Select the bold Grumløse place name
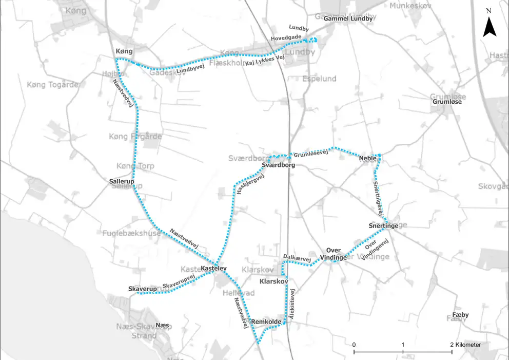tap(447, 102)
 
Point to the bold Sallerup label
tap(122, 182)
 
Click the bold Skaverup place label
tap(142, 290)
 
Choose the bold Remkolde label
tap(266, 321)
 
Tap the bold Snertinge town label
tap(383, 226)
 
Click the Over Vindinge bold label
tap(333, 254)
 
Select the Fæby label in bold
tap(460, 315)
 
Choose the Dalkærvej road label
tap(297, 258)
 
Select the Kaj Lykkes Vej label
tap(264, 62)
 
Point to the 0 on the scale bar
tap(354, 345)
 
